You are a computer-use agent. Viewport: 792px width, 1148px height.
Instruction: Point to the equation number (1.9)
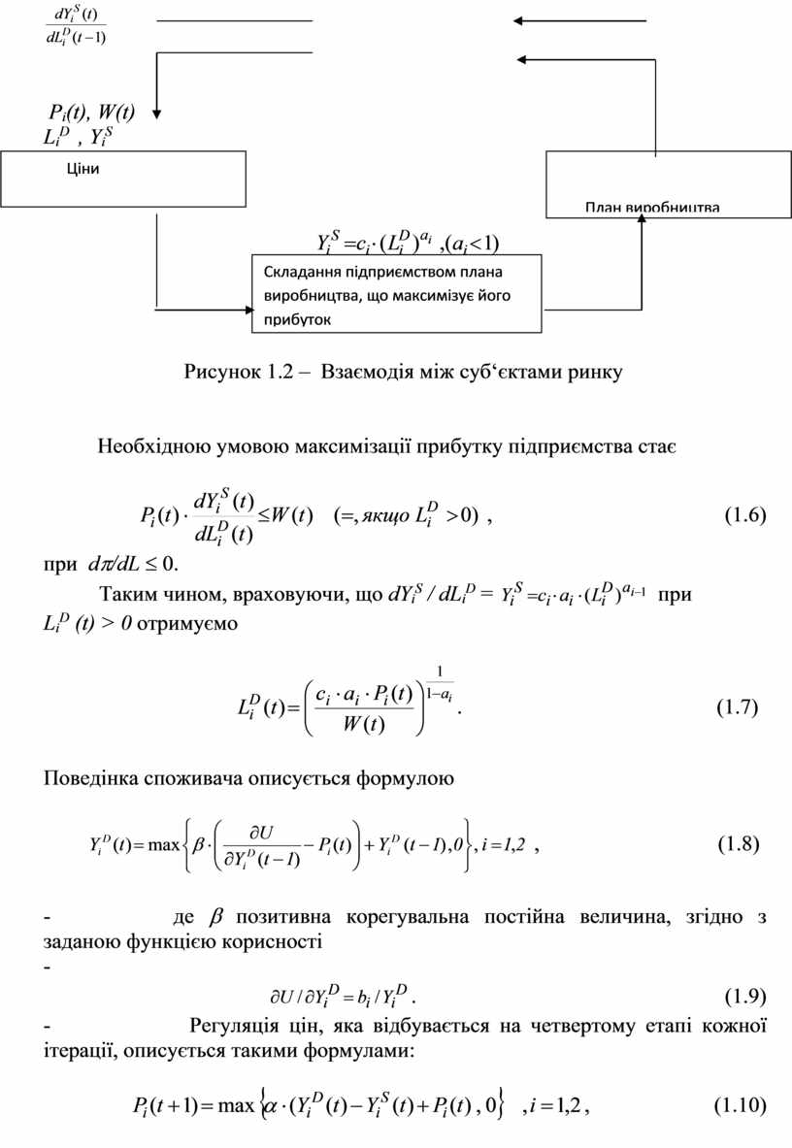click(745, 995)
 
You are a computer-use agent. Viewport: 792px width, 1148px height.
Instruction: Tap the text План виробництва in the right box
click(651, 208)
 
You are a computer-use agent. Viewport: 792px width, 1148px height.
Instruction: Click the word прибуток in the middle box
click(296, 317)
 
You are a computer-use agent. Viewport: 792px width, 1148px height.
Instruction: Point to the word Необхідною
click(148, 447)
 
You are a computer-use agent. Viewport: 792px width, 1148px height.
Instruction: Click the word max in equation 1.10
click(236, 1105)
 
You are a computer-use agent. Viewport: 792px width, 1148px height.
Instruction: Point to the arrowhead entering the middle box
click(246, 310)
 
